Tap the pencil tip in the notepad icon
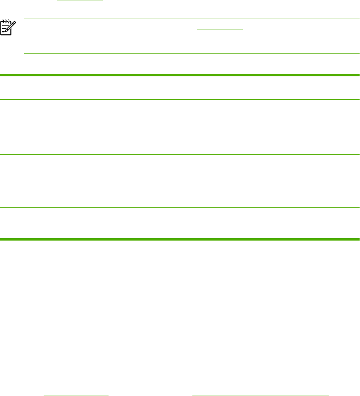click(8, 35)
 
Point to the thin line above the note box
click(192, 18)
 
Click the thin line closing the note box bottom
click(192, 53)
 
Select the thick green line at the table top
click(180, 75)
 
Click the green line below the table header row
click(180, 99)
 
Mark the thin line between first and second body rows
click(180, 155)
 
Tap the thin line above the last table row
click(180, 207)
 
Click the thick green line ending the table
click(180, 239)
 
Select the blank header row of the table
click(180, 87)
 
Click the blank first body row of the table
click(180, 127)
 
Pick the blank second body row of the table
click(180, 181)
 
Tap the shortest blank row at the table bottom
click(180, 223)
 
